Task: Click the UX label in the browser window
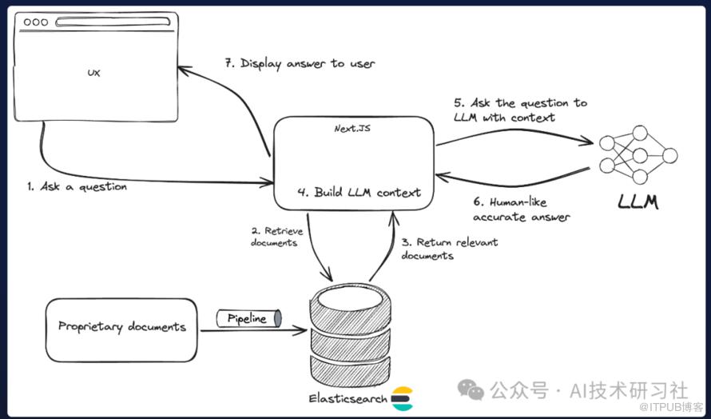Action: pyautogui.click(x=93, y=73)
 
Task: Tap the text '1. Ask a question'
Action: pyautogui.click(x=77, y=186)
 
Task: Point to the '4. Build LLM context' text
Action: pyautogui.click(x=359, y=192)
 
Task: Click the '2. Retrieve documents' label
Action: pyautogui.click(x=277, y=236)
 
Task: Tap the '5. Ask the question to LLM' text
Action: pyautogui.click(x=520, y=110)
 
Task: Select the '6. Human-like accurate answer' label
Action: pyautogui.click(x=522, y=209)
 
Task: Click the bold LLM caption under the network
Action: pyautogui.click(x=638, y=202)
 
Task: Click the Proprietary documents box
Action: pyautogui.click(x=121, y=327)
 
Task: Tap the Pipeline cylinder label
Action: pyautogui.click(x=248, y=319)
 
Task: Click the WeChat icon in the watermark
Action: pyautogui.click(x=471, y=389)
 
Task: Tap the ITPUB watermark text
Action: pyautogui.click(x=676, y=408)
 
